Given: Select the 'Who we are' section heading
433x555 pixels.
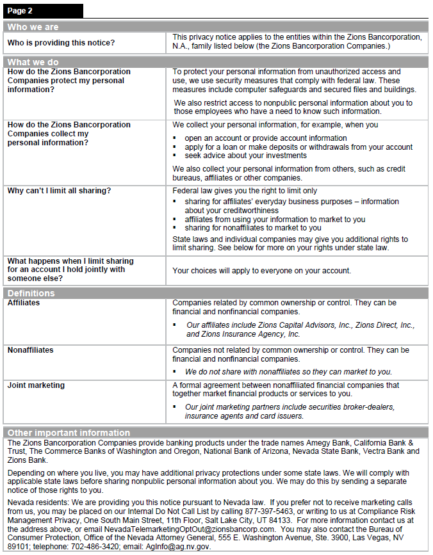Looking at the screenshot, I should pos(33,27).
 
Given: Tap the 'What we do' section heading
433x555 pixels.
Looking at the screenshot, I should pos(33,62).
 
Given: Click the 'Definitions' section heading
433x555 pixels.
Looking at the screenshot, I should pos(31,293).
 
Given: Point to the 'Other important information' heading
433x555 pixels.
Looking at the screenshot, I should pos(69,433).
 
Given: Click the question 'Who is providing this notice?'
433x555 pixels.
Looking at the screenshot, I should pos(61,43).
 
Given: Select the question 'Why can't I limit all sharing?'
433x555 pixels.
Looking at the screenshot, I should pos(60,191).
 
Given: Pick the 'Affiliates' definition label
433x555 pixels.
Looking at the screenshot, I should pos(24,303).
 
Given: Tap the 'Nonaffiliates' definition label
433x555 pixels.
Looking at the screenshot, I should pos(31,350).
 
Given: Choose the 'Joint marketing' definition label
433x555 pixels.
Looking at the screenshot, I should pos(36,385).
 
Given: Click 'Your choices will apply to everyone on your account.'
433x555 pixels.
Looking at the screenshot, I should pos(261,271).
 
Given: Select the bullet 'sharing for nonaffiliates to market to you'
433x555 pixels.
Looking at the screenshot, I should pos(253,228).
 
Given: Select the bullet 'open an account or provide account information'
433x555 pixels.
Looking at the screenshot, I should pos(266,138).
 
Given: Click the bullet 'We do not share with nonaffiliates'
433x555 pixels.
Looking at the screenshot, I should pos(288,371).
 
